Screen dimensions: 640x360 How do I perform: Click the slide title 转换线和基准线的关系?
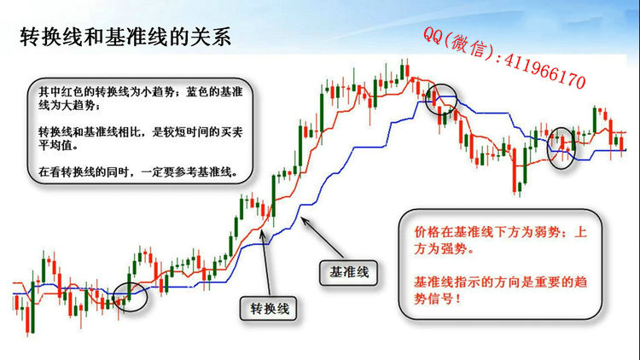125,38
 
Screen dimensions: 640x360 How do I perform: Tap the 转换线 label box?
269,309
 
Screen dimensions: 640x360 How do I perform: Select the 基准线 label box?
348,272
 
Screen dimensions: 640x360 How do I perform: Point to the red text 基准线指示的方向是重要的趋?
500,282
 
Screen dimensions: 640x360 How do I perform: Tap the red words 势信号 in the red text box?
433,299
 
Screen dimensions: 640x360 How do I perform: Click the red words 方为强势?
440,249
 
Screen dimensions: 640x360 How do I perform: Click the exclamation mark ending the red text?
457,299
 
